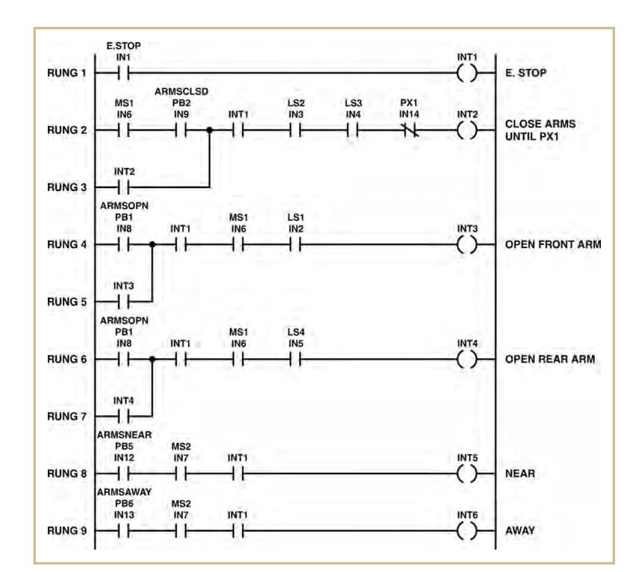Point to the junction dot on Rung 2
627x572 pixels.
pos(210,130)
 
